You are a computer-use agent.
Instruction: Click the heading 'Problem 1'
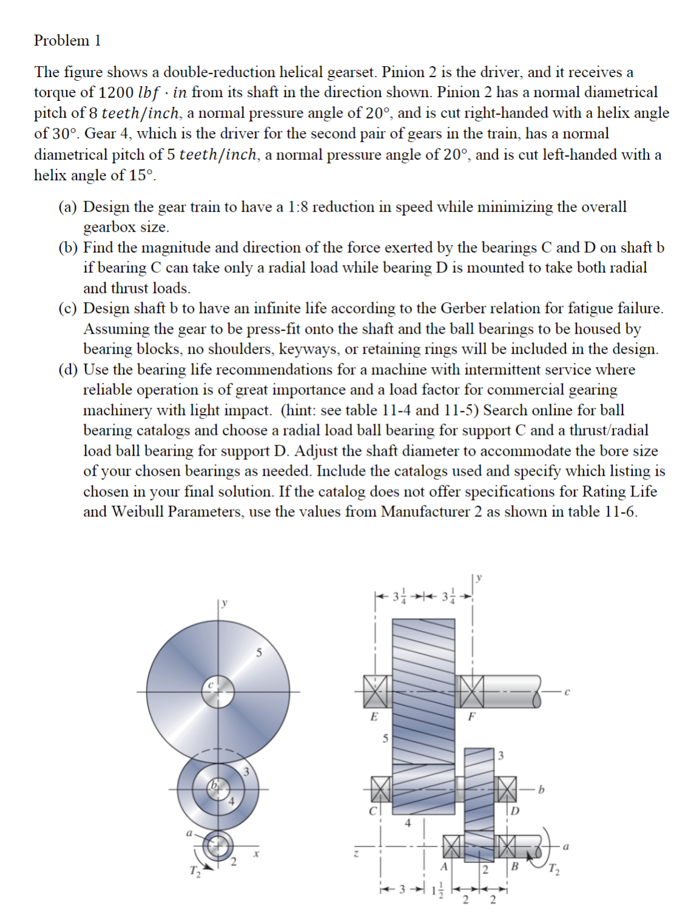click(67, 41)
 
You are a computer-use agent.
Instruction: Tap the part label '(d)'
click(69, 369)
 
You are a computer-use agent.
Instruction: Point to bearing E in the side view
click(375, 691)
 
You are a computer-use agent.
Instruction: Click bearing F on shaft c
click(471, 691)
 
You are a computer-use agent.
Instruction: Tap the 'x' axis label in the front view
click(257, 852)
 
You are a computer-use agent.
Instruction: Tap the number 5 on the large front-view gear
click(259, 653)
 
